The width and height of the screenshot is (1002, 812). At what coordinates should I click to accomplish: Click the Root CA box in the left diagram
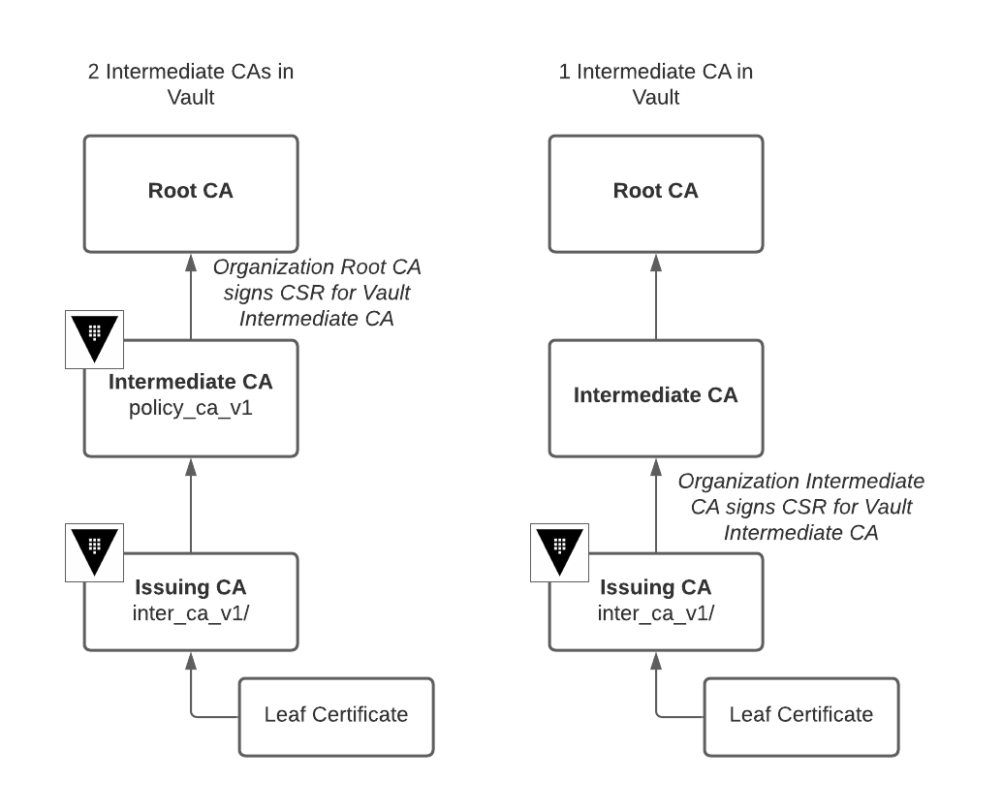click(x=190, y=192)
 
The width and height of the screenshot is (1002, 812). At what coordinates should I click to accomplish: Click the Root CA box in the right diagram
click(x=655, y=192)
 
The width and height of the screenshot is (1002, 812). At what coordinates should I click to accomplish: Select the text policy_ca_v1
click(x=190, y=408)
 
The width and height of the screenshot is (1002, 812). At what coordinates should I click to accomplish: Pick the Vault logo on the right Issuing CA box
click(x=559, y=553)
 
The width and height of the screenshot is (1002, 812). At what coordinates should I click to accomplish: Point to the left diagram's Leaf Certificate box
click(x=335, y=716)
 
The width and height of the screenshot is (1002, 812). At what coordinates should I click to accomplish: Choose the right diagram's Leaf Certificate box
click(x=800, y=716)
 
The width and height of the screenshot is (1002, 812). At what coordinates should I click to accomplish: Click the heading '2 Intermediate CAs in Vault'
click(x=190, y=84)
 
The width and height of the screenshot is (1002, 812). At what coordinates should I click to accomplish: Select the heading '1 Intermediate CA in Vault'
click(x=655, y=84)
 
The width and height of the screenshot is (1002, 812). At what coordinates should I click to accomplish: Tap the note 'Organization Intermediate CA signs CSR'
click(x=800, y=507)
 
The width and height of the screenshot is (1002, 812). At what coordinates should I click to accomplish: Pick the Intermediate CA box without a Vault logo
click(x=655, y=396)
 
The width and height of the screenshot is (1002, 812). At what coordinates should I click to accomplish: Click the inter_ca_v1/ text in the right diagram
click(x=655, y=613)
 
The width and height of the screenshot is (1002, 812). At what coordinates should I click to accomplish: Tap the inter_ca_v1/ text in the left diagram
click(x=190, y=613)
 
